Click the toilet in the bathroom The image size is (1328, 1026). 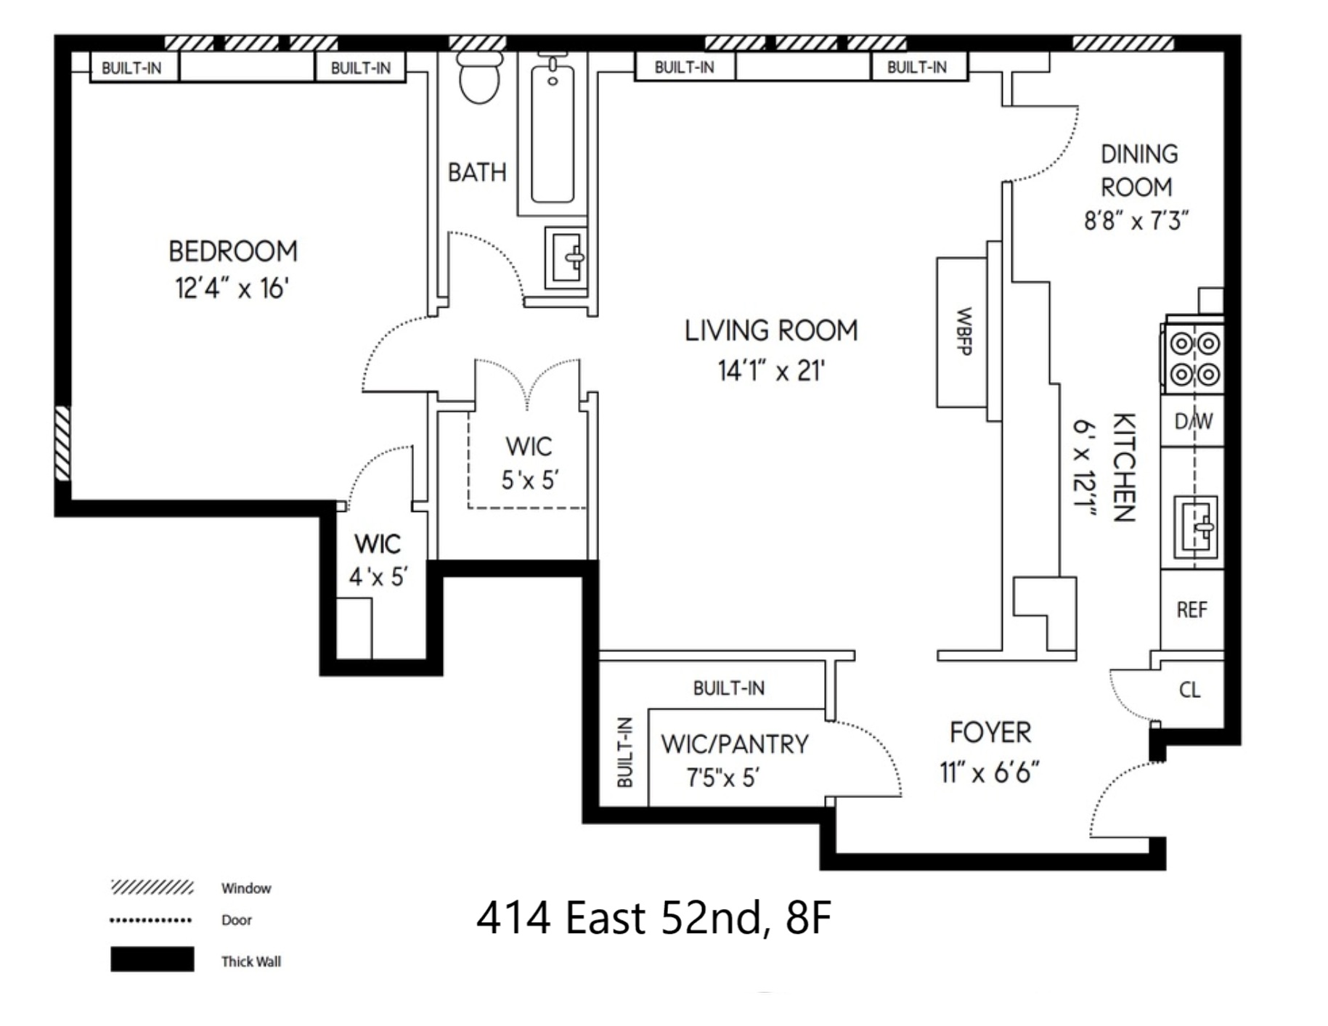pyautogui.click(x=479, y=76)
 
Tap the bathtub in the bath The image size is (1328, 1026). pyautogui.click(x=553, y=134)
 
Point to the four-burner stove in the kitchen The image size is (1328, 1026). pyautogui.click(x=1194, y=359)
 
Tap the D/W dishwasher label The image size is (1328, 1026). pyautogui.click(x=1194, y=421)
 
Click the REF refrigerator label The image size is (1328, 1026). pyautogui.click(x=1191, y=610)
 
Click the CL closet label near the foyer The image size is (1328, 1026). pyautogui.click(x=1190, y=690)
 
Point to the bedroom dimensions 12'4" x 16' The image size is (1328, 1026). pyautogui.click(x=232, y=288)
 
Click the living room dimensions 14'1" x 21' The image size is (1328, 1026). pyautogui.click(x=771, y=371)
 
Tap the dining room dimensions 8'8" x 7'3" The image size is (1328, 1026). pyautogui.click(x=1136, y=220)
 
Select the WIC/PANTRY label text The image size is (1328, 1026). pyautogui.click(x=735, y=744)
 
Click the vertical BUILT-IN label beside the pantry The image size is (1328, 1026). pyautogui.click(x=624, y=752)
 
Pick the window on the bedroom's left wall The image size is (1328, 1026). pyautogui.click(x=63, y=443)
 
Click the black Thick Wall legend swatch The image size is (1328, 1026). pyautogui.click(x=152, y=959)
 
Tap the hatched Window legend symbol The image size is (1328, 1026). pyautogui.click(x=152, y=887)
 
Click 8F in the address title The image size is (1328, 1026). pyautogui.click(x=808, y=918)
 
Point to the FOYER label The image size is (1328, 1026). pyautogui.click(x=990, y=733)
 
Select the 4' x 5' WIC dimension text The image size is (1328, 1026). pyautogui.click(x=378, y=577)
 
